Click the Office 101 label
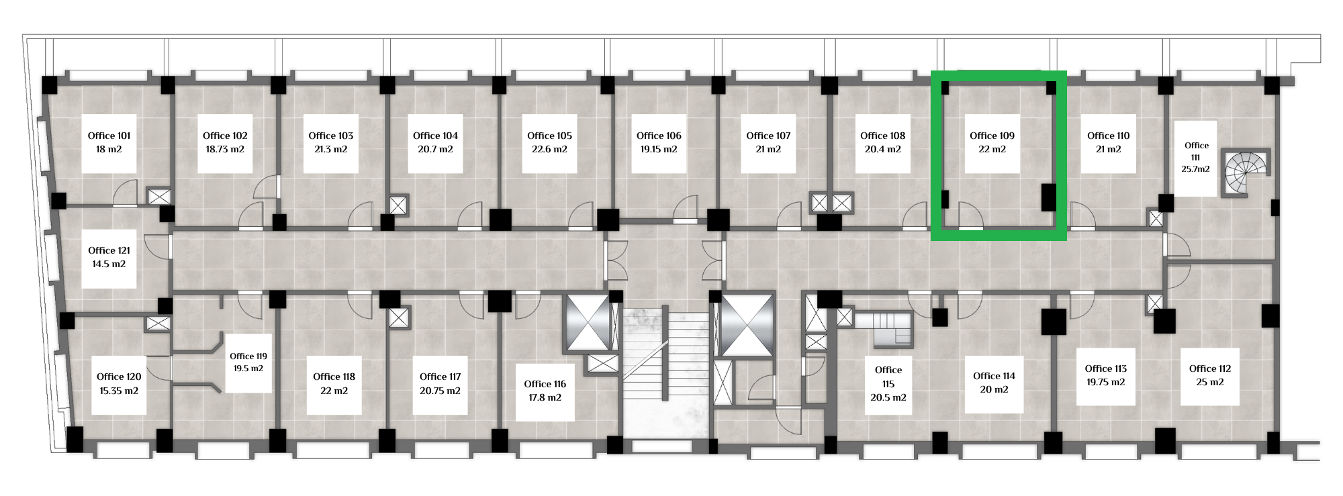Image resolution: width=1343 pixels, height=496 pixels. pos(109,136)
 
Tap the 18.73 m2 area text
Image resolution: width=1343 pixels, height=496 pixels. pos(225,150)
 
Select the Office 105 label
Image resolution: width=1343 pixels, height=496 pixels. pos(549,136)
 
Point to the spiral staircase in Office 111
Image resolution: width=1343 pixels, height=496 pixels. pos(1246,173)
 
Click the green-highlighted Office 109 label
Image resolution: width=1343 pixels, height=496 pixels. pos(992,136)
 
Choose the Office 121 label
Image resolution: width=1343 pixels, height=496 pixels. pos(109,250)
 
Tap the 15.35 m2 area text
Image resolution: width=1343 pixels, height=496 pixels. pos(119,391)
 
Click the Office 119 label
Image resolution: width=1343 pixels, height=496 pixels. pos(248,356)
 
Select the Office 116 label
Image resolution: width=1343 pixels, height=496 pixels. pos(545,384)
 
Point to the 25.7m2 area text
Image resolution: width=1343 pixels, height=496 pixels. pos(1195,169)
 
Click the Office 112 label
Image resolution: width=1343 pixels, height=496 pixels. pos(1210,368)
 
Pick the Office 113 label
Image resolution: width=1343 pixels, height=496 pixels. pos(1106,368)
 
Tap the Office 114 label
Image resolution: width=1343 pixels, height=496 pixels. pos(994,376)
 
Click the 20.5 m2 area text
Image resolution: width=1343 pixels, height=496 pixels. pos(888,397)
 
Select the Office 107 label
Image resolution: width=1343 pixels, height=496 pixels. pos(768,136)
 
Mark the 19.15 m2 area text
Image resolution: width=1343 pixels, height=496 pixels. pos(659,150)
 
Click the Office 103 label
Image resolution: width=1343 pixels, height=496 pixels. pos(330,136)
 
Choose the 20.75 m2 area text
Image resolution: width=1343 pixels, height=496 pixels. pos(440,391)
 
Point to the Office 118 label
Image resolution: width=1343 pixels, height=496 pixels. pos(334,377)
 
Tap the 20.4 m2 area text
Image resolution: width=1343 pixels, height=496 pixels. pos(882,150)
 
